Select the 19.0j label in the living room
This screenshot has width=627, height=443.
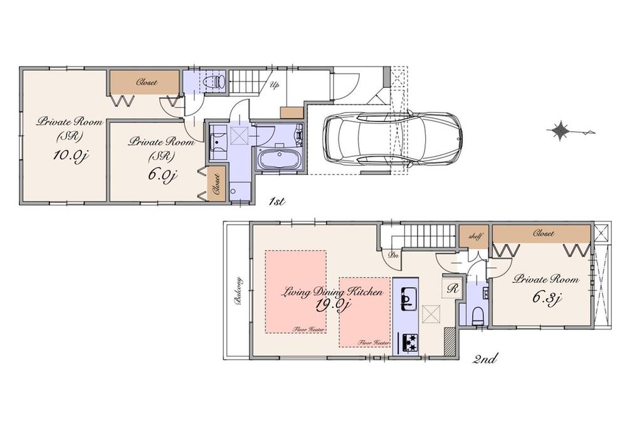[x=331, y=306]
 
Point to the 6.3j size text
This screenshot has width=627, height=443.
[x=545, y=297]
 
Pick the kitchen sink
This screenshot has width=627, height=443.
[x=409, y=297]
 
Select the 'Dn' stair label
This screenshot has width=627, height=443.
[x=393, y=255]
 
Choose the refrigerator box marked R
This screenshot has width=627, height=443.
[x=453, y=288]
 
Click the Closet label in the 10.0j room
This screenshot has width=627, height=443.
[x=147, y=82]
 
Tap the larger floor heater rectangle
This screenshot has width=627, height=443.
[x=295, y=292]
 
